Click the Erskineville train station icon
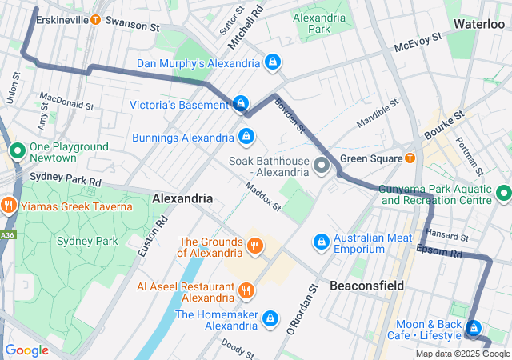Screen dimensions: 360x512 pyautogui.click(x=96, y=19)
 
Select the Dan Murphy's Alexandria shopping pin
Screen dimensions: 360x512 pyautogui.click(x=273, y=62)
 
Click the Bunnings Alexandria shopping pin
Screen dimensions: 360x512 pyautogui.click(x=246, y=136)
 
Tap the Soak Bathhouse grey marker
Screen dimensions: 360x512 pyautogui.click(x=322, y=166)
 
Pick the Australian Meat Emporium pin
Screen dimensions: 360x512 pyautogui.click(x=321, y=240)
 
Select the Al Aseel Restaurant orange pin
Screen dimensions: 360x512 pyautogui.click(x=246, y=290)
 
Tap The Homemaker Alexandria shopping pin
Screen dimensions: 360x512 pyautogui.click(x=270, y=318)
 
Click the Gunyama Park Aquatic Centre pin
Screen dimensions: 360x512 pyautogui.click(x=503, y=193)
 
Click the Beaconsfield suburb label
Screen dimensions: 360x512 pyautogui.click(x=366, y=286)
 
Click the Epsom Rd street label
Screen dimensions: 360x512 pyautogui.click(x=439, y=252)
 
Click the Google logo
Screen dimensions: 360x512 pyautogui.click(x=26, y=350)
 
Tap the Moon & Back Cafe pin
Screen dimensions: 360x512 pyautogui.click(x=473, y=328)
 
